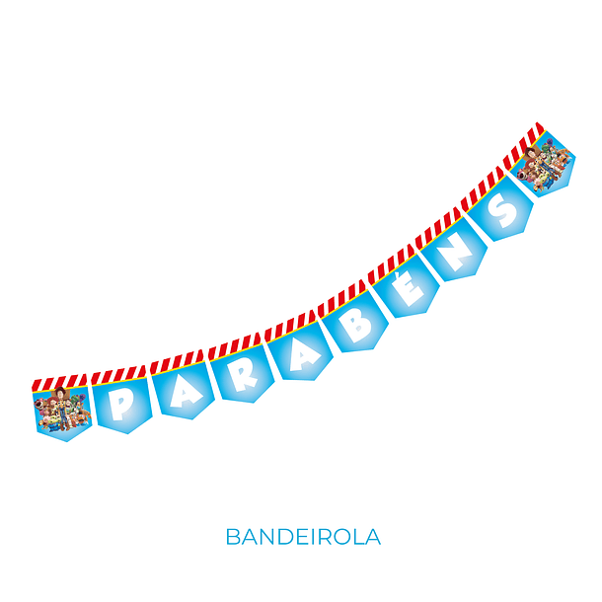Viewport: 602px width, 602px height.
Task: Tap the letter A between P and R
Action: pos(186,392)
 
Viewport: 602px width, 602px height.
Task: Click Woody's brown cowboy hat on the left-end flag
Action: pos(60,393)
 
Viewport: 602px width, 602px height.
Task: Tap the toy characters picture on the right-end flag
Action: pos(545,164)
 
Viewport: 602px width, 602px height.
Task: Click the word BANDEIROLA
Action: pos(303,536)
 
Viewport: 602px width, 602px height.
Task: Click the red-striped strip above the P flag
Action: pos(118,375)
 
